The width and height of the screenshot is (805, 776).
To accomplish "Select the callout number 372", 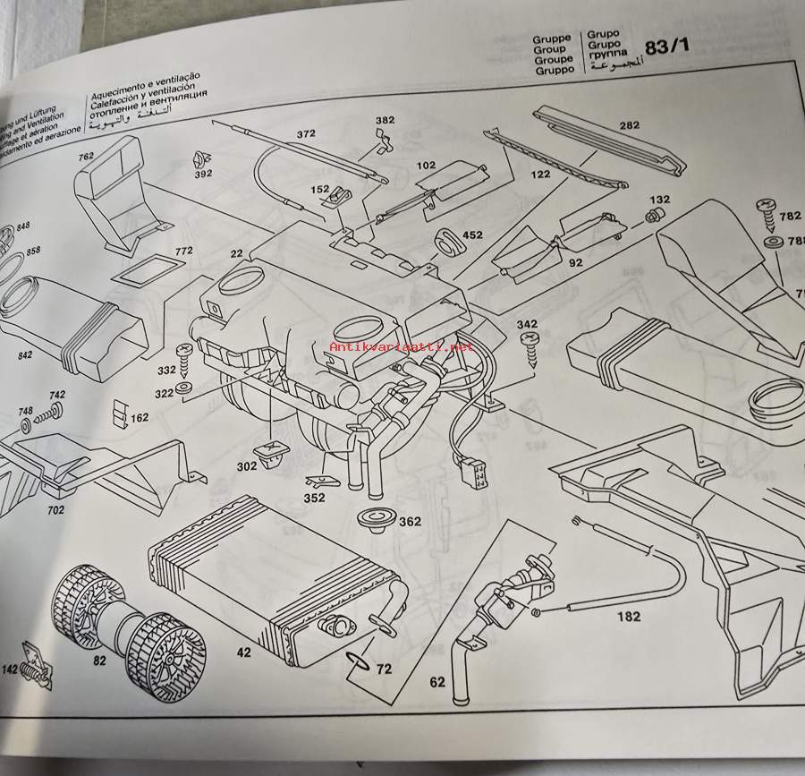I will point(306,134).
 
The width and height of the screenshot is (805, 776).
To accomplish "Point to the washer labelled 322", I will point(184,389).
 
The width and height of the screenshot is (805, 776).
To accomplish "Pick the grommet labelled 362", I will point(368,519).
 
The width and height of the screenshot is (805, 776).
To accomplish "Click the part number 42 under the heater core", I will point(244,653).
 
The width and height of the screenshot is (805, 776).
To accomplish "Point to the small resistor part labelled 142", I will point(33,662).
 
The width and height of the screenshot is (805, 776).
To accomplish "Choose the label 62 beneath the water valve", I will point(436,682).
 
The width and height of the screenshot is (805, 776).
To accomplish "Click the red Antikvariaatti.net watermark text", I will point(400,345).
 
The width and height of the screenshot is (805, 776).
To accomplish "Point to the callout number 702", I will point(56,511).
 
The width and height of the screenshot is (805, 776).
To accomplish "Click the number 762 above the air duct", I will point(86,157).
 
